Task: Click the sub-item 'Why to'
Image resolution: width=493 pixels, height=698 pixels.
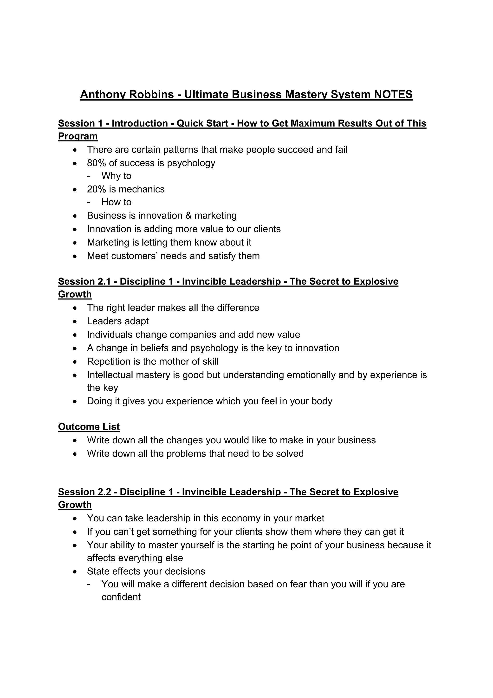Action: point(116,176)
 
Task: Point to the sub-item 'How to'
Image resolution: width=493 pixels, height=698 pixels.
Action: point(116,202)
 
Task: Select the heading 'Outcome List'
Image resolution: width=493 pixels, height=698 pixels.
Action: point(89,427)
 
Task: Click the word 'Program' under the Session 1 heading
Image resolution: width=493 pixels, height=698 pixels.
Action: point(78,136)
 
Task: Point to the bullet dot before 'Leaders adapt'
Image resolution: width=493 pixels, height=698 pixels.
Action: point(75,322)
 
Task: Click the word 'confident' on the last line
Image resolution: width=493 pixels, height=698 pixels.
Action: point(121,597)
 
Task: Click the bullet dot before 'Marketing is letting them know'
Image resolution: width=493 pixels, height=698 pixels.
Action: point(75,243)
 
